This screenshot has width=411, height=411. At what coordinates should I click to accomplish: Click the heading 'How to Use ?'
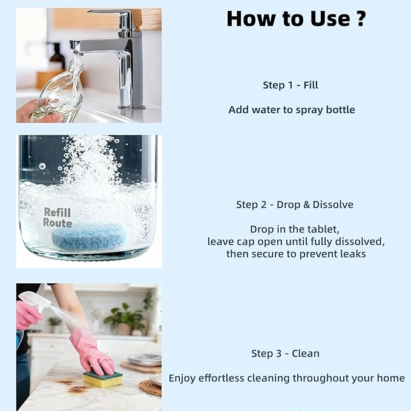point(296,19)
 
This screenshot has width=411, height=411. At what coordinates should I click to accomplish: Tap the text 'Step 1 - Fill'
point(290,85)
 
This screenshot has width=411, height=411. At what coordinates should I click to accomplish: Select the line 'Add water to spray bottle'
point(291,110)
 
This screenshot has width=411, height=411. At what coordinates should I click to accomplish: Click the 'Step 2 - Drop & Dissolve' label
point(294,205)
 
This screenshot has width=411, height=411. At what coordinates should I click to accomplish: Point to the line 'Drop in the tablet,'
point(295,229)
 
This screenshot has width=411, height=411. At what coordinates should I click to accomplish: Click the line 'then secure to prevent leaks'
point(295,254)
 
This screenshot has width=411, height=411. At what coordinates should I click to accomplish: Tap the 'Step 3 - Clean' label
point(285,353)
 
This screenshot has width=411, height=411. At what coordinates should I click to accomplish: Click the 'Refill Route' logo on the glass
point(58,217)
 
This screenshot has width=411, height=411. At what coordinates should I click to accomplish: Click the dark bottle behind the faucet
point(57,58)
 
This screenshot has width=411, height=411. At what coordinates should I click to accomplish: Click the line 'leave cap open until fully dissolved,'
point(295,242)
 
